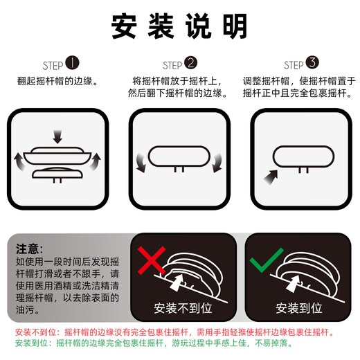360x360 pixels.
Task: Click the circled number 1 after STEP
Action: click(72, 64)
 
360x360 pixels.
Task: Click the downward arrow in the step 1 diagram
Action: click(57, 137)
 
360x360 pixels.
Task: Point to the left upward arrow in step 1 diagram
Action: click(19, 163)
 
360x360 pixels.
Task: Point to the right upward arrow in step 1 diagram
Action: click(96, 163)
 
